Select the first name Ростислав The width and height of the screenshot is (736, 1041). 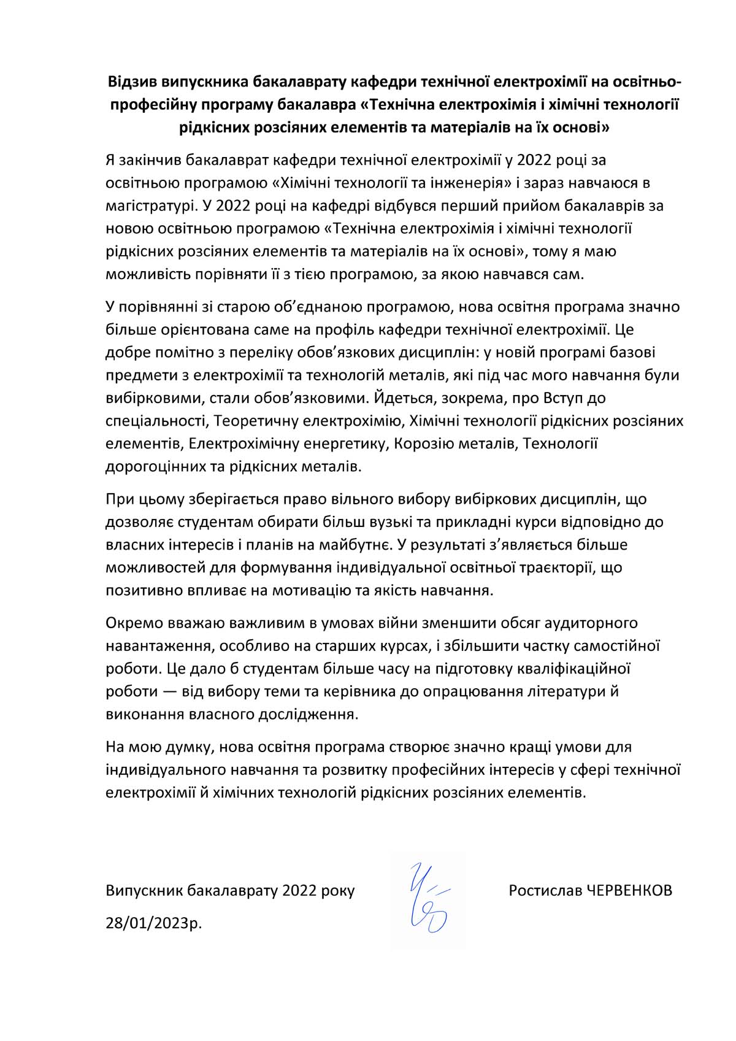click(542, 890)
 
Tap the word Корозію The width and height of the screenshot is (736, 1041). click(423, 444)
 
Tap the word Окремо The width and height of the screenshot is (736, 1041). click(133, 623)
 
